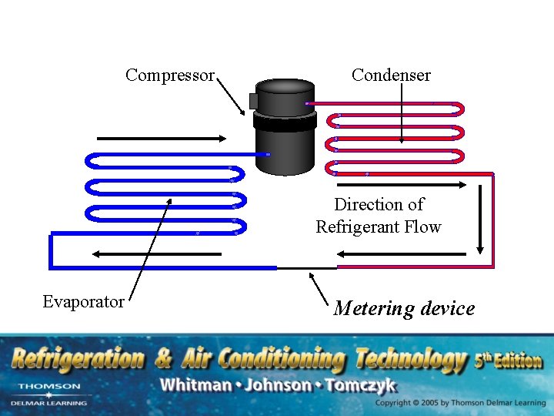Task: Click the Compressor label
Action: [170, 75]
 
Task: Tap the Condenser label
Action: [391, 75]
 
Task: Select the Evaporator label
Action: [83, 301]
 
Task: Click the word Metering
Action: [373, 309]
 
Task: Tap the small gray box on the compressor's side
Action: [253, 101]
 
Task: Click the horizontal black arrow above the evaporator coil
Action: [162, 139]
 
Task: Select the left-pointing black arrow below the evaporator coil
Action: [157, 253]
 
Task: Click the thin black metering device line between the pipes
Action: [307, 268]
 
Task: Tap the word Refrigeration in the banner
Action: [77, 359]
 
